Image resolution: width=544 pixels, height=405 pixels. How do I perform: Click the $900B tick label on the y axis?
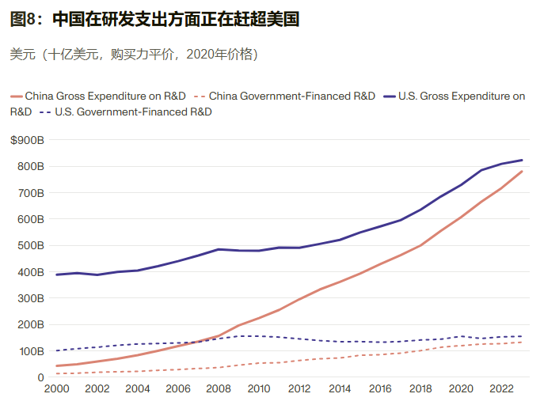(x=28, y=140)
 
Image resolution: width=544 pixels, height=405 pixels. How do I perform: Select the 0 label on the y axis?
(x=40, y=377)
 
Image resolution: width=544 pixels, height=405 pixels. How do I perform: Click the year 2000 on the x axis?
(x=55, y=389)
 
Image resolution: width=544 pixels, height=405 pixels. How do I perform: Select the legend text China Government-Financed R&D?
(x=292, y=97)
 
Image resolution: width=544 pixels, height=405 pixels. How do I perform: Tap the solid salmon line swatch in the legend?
(x=17, y=97)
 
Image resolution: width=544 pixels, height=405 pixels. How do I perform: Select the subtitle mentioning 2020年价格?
(x=133, y=55)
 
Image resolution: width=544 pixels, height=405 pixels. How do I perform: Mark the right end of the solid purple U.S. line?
(x=523, y=160)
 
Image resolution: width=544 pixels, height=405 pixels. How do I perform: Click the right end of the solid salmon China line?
(x=523, y=171)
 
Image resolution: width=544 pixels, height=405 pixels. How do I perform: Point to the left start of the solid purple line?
(x=55, y=274)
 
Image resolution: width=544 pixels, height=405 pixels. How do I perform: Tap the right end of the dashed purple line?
(x=523, y=336)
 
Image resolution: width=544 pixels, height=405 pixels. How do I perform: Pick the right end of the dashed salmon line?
(x=523, y=342)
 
